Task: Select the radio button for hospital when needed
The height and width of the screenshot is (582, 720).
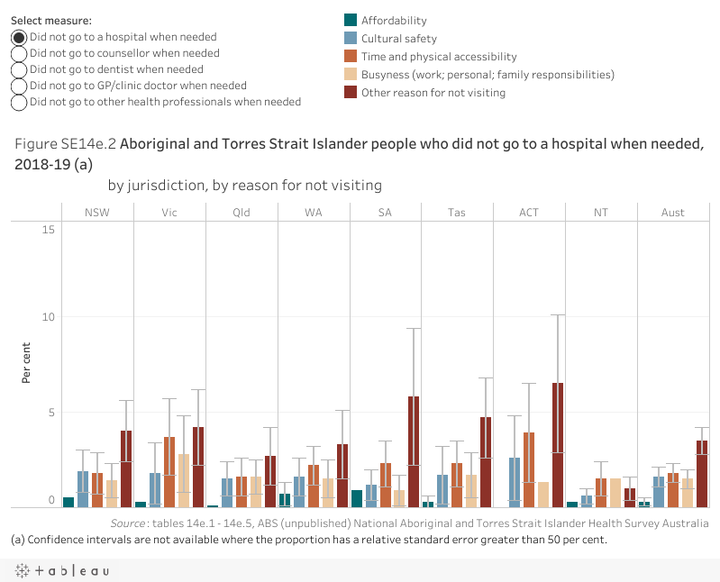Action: [x=19, y=37]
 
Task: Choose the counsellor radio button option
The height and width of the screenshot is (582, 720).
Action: [x=19, y=53]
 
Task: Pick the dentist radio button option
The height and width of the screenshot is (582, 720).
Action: [x=19, y=69]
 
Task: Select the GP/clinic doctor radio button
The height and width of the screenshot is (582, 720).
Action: [x=19, y=86]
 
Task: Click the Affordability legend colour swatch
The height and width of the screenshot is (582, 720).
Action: [x=351, y=21]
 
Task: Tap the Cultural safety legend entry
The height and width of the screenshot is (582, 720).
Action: [x=398, y=39]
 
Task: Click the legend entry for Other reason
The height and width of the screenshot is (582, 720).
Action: [x=433, y=93]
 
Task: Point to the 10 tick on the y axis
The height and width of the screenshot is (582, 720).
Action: [x=50, y=317]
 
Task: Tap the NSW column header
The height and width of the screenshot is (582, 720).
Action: [x=98, y=213]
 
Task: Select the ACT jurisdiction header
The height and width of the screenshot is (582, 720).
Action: [x=529, y=213]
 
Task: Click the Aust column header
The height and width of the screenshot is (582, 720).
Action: [x=672, y=213]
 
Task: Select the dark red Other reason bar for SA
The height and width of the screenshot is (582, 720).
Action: [x=414, y=451]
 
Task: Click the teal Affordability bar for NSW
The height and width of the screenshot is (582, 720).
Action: [x=68, y=502]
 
